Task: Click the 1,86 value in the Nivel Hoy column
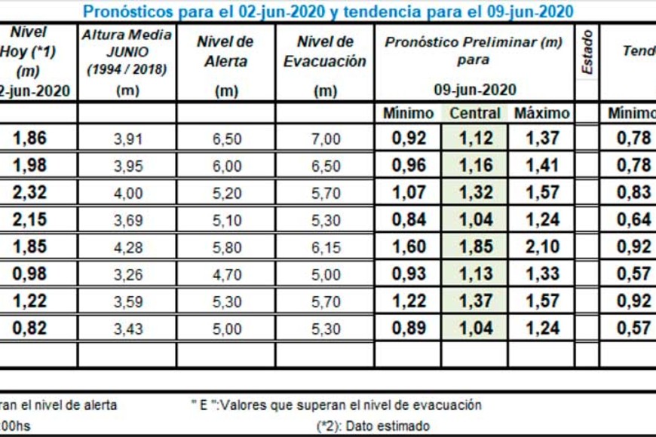[x=30, y=138]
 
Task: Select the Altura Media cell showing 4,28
[x=127, y=246]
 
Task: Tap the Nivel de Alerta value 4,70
[x=226, y=274]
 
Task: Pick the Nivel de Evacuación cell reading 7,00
[x=325, y=138]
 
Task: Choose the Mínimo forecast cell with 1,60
[x=409, y=246]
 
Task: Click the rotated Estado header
[x=587, y=51]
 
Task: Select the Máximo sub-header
[x=541, y=113]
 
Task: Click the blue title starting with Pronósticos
[x=327, y=11]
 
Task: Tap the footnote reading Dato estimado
[x=373, y=426]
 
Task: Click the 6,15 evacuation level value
[x=325, y=246]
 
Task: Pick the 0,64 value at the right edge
[x=633, y=219]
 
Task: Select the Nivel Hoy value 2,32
[x=30, y=192]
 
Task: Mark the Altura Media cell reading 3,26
[x=127, y=274]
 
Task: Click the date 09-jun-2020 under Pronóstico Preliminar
[x=474, y=90]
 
